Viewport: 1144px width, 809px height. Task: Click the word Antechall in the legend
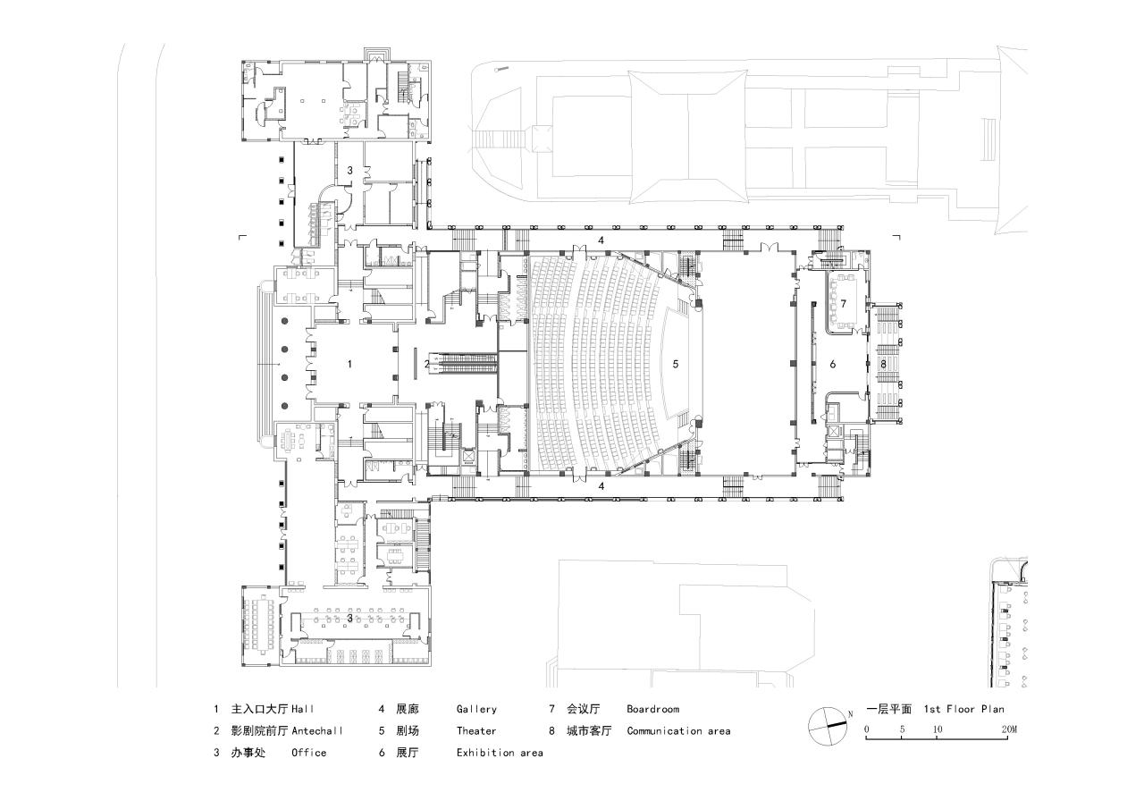pyautogui.click(x=317, y=730)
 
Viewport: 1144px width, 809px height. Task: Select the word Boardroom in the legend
pyautogui.click(x=652, y=709)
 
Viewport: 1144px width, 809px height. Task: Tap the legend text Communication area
pyautogui.click(x=678, y=730)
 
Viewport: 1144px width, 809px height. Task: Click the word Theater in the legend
pyautogui.click(x=476, y=730)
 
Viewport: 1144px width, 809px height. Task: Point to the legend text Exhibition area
pyautogui.click(x=500, y=753)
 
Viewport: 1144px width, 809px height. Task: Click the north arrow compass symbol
pyautogui.click(x=827, y=726)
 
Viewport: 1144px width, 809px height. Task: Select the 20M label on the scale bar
pyautogui.click(x=1009, y=730)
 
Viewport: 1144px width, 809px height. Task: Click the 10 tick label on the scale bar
pyautogui.click(x=937, y=730)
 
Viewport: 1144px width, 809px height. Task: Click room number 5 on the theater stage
pyautogui.click(x=676, y=364)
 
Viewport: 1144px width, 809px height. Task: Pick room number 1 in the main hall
pyautogui.click(x=349, y=364)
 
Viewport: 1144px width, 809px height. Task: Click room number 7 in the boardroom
pyautogui.click(x=843, y=304)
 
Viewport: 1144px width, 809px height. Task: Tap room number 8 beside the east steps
pyautogui.click(x=883, y=364)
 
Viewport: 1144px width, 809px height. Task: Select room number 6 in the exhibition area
pyautogui.click(x=832, y=364)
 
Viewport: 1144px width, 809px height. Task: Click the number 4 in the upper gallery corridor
pyautogui.click(x=601, y=241)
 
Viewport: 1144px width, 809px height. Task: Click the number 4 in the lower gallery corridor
pyautogui.click(x=601, y=486)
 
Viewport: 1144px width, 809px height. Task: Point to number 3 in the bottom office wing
pyautogui.click(x=350, y=618)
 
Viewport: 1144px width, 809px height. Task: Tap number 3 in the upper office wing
pyautogui.click(x=350, y=170)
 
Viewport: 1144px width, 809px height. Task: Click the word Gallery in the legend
pyautogui.click(x=476, y=709)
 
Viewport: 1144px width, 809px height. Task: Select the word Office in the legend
pyautogui.click(x=308, y=753)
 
